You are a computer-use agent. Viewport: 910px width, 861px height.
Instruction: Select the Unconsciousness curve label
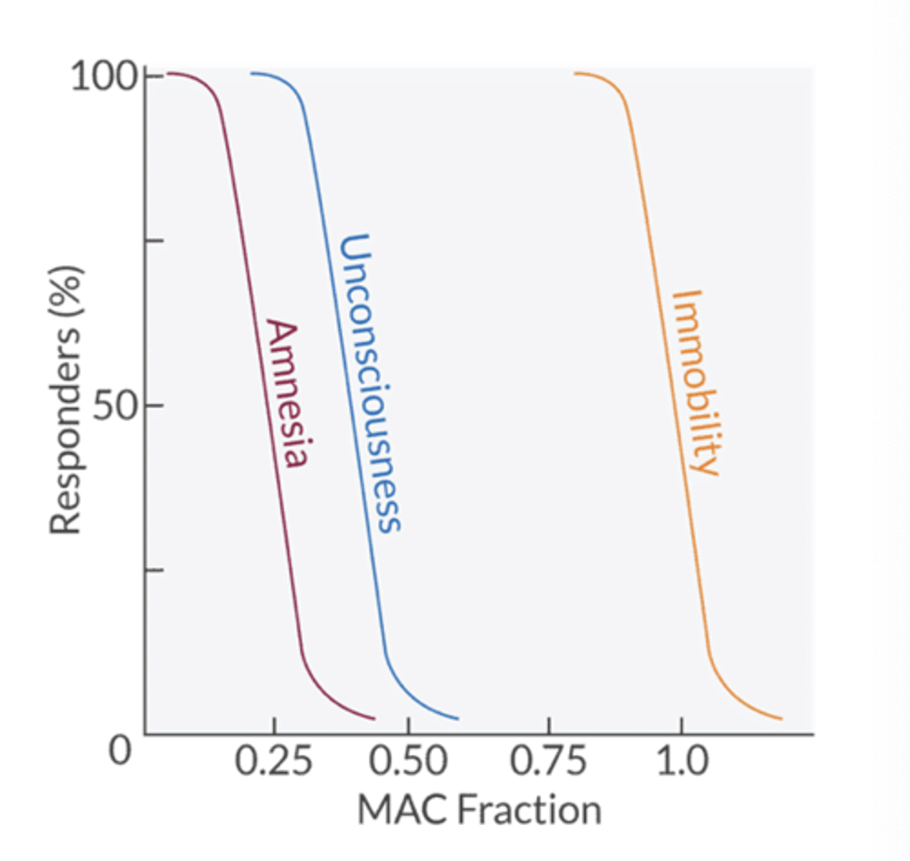click(x=367, y=383)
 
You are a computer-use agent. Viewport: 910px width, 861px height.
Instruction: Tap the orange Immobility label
click(x=695, y=382)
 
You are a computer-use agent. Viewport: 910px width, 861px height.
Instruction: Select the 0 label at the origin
click(x=120, y=751)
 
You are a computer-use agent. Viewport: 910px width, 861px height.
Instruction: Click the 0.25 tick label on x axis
click(x=273, y=761)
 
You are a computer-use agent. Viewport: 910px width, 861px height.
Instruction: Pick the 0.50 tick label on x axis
click(x=408, y=761)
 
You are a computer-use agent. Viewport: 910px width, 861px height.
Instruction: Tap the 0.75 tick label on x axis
click(x=548, y=761)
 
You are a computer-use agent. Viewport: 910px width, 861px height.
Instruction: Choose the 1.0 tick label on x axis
click(x=682, y=761)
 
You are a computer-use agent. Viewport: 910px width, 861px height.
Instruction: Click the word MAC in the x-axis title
click(x=403, y=810)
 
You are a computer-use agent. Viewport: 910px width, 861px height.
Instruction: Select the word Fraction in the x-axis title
click(x=530, y=810)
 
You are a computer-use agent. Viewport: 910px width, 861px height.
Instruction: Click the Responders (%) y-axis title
click(x=66, y=400)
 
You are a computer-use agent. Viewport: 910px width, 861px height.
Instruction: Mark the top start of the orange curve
click(x=576, y=73)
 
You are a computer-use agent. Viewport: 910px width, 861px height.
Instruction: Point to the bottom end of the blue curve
click(x=457, y=718)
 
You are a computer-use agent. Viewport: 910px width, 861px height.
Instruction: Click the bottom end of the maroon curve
click(x=374, y=718)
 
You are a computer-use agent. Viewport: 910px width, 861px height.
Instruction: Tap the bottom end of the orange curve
click(x=781, y=718)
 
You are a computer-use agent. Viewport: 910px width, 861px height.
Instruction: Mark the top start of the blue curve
click(x=251, y=73)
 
